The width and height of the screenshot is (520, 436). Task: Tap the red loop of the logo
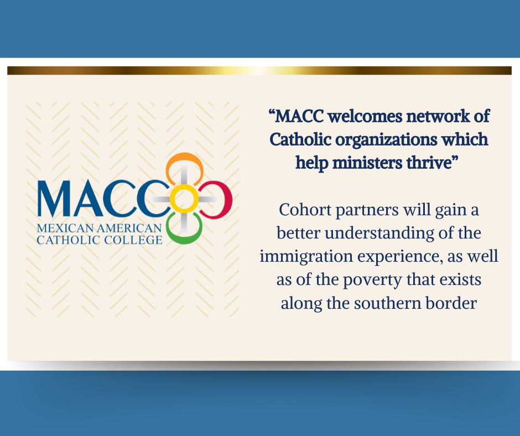coord(223,200)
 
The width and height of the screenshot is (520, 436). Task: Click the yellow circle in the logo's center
coord(183,199)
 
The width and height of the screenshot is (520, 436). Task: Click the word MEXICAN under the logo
coord(60,229)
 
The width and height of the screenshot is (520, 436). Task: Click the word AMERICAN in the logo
coord(124,229)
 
